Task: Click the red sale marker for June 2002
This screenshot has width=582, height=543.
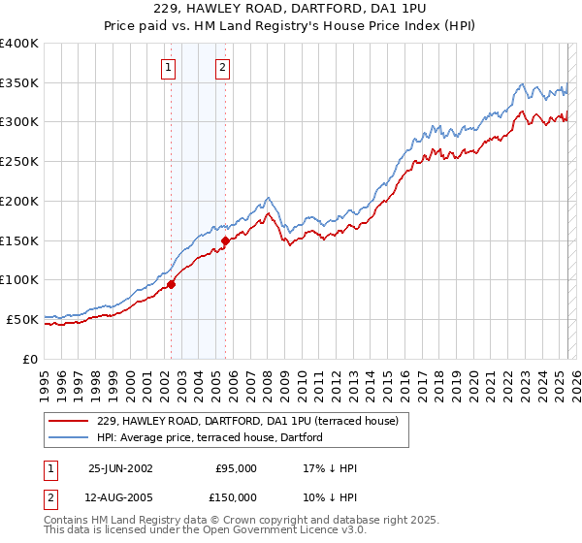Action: coord(172,284)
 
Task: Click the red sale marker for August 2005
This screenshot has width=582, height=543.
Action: coord(225,240)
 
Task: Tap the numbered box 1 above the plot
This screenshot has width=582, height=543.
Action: coord(169,67)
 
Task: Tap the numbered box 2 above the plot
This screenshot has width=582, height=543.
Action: coord(222,67)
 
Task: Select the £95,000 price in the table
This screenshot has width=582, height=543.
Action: coord(237,468)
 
